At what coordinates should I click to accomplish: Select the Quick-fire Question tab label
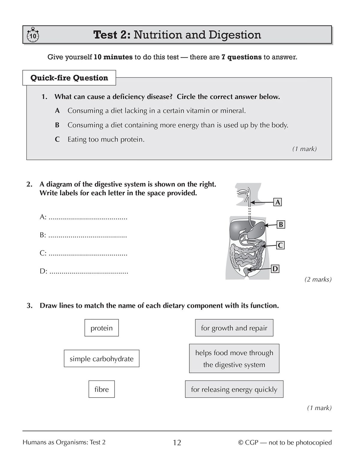point(69,78)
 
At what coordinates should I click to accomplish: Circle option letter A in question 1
point(57,111)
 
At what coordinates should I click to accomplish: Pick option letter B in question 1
point(57,125)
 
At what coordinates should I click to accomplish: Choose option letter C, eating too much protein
point(57,140)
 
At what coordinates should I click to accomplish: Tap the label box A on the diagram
point(278,202)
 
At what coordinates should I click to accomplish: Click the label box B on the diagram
point(280,225)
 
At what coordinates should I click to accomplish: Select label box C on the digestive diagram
point(280,246)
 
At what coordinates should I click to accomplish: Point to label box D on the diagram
point(275,269)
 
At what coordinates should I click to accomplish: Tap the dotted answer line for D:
point(88,273)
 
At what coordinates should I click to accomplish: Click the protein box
point(102,328)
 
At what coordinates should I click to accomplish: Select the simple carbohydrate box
point(102,359)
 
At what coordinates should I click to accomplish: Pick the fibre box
point(102,389)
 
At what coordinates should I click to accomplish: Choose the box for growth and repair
point(234,328)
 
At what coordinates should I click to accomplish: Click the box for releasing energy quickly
point(234,389)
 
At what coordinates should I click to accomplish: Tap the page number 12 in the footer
point(177,443)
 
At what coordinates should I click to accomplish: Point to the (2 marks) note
point(318,280)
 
